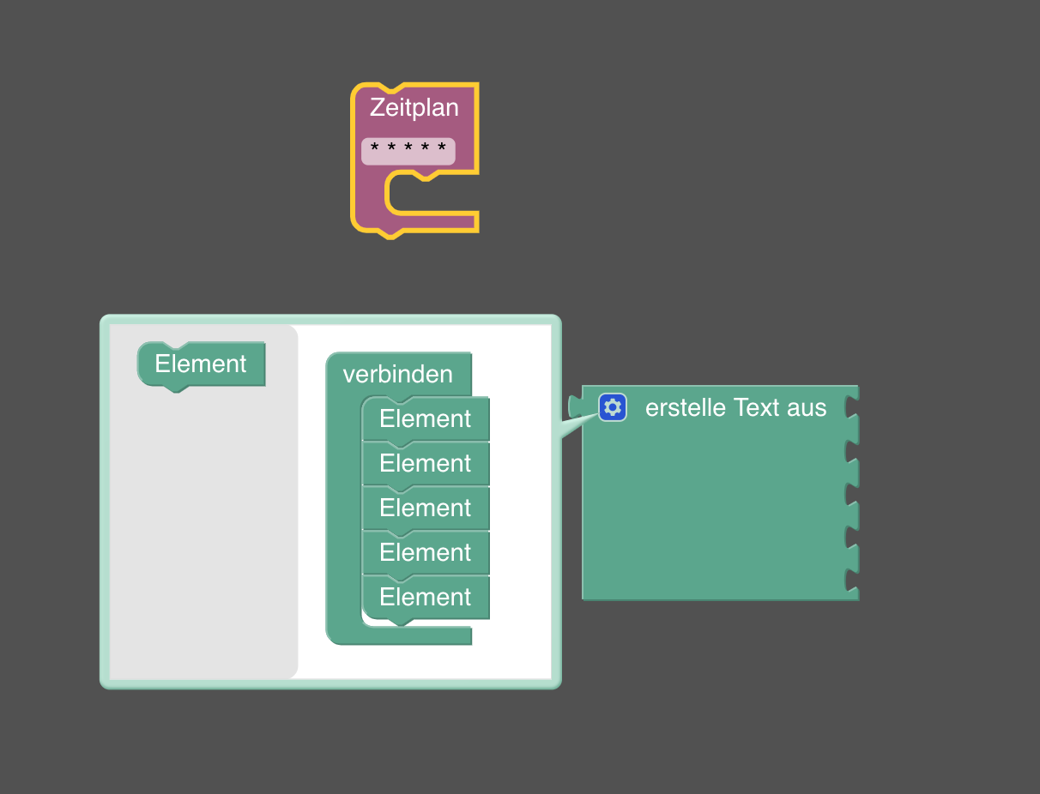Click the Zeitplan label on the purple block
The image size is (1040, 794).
(x=414, y=108)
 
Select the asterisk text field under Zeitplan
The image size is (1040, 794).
(x=408, y=151)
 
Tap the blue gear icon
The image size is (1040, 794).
(x=613, y=407)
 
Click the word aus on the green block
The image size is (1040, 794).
(x=807, y=407)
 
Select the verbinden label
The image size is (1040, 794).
(x=397, y=375)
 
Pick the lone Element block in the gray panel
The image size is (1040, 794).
(x=201, y=364)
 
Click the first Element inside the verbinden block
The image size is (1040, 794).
(x=426, y=419)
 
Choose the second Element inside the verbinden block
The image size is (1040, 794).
(x=426, y=464)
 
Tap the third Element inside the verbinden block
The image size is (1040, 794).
(x=426, y=508)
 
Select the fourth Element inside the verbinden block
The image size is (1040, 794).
(x=426, y=553)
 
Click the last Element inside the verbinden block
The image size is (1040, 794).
(x=426, y=598)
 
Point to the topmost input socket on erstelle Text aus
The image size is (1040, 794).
(x=851, y=406)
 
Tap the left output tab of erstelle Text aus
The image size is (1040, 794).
(x=574, y=406)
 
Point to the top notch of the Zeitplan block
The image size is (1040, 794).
(x=390, y=89)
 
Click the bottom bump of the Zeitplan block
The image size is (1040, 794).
(x=390, y=234)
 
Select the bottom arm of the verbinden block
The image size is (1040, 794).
(x=403, y=635)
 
